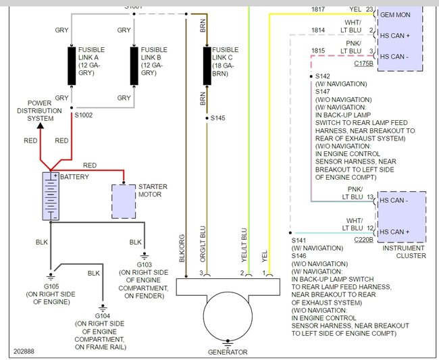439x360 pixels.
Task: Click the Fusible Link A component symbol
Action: pos(72,66)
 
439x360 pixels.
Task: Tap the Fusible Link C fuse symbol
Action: pos(207,66)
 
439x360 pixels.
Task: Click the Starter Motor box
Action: pos(124,200)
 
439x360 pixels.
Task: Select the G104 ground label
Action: pos(102,315)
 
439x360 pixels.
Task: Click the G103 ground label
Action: pos(144,265)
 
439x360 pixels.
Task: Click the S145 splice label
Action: pos(217,118)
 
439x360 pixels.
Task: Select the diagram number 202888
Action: pos(25,352)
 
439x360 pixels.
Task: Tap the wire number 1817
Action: pos(317,9)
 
